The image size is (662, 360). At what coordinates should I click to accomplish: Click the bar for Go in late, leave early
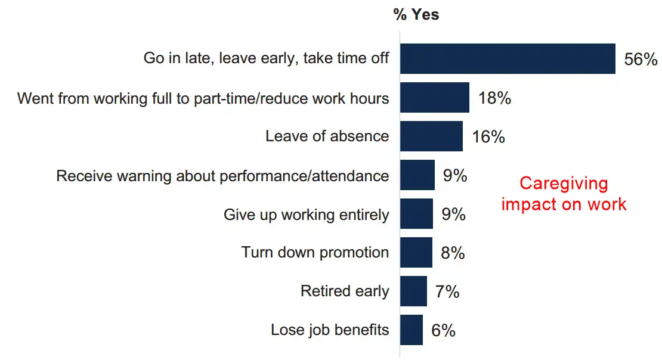pos(507,59)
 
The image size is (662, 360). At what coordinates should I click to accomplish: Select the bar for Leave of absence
pos(431,136)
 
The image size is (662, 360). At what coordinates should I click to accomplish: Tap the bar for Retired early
pos(413,291)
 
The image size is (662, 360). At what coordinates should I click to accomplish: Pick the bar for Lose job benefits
pos(412,330)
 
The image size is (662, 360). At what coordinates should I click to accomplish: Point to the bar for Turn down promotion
pos(416,253)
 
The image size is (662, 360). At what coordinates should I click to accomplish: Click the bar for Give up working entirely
pos(416,214)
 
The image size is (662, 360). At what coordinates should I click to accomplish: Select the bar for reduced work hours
pos(434,98)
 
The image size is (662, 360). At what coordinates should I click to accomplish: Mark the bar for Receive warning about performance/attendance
pos(417,175)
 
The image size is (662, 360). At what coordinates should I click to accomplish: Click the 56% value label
pos(640,60)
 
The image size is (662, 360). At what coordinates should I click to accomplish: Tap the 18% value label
pos(494,98)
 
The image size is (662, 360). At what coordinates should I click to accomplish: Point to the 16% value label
pos(488,137)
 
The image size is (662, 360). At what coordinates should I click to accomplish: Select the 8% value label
pos(453,253)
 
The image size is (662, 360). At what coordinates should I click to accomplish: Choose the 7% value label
pos(447,292)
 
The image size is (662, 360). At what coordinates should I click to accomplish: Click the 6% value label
pos(443,330)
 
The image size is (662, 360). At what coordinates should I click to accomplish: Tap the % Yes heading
pos(416,15)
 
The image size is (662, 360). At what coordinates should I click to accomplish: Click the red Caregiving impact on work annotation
pos(564,194)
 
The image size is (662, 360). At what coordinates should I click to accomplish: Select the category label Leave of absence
pos(327,136)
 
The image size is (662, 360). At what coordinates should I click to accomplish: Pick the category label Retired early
pos(345,291)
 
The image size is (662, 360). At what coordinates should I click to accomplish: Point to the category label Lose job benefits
pos(330,330)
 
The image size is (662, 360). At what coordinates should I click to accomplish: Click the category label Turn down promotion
pos(315,253)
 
